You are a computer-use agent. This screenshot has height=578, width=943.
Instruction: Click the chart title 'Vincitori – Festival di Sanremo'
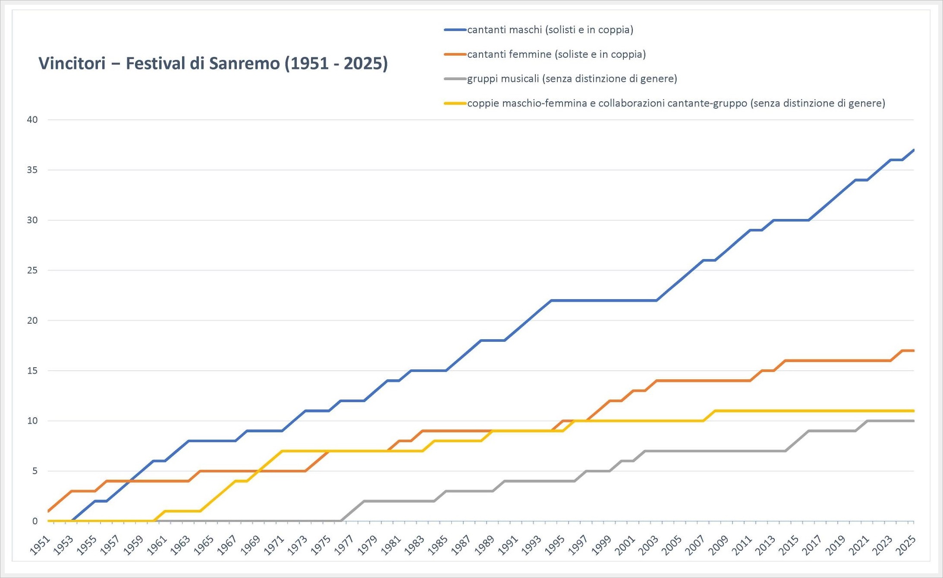point(213,63)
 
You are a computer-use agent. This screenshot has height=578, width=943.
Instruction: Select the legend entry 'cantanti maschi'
point(550,30)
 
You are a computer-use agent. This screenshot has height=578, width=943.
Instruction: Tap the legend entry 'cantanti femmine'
point(556,54)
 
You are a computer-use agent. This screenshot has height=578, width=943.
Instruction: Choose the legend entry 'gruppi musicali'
point(572,78)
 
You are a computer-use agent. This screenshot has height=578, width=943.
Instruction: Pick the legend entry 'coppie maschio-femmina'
point(676,103)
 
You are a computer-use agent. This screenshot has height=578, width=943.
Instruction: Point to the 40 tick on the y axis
point(32,120)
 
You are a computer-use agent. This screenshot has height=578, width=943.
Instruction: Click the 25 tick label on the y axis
point(32,270)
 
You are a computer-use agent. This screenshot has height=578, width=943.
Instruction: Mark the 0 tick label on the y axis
point(35,521)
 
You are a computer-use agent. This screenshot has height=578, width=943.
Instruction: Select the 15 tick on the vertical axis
point(32,371)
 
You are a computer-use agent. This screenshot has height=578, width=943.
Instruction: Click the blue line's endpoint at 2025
point(913,150)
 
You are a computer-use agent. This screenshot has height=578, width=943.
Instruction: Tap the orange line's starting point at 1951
point(48,511)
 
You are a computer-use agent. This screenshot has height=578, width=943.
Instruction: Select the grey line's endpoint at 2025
point(913,421)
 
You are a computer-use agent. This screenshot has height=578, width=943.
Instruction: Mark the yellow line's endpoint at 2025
point(913,411)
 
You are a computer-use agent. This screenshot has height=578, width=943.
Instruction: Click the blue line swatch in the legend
point(455,30)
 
